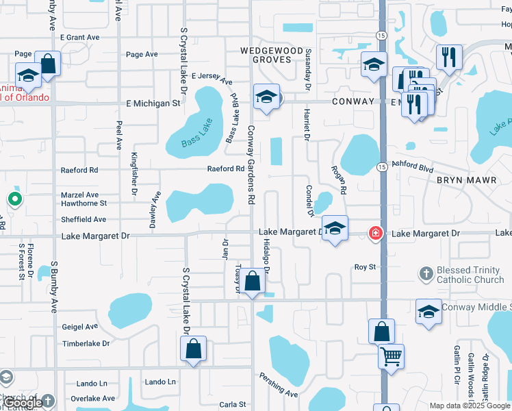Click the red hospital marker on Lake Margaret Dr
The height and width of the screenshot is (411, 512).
point(375,234)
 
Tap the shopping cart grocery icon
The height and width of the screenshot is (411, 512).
point(391,356)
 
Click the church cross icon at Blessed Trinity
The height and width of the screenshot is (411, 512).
point(426,275)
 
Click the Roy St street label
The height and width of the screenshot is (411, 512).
point(365,266)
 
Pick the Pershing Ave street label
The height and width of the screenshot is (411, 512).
point(279,385)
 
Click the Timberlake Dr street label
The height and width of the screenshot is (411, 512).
point(86,343)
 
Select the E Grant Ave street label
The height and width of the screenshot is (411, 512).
point(79,37)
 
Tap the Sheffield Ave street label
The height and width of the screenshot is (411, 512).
point(84,219)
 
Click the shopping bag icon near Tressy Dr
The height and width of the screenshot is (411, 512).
point(253,282)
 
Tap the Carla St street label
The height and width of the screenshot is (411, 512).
point(233,405)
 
